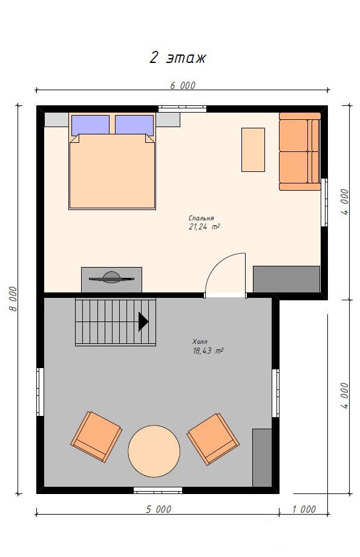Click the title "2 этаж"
tap(177, 57)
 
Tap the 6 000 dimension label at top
tap(183, 85)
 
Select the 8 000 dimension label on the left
tap(13, 298)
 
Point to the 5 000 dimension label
tap(159, 509)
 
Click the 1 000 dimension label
tap(304, 509)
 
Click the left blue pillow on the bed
tap(91, 125)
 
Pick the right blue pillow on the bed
tap(134, 125)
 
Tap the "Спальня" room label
tap(201, 218)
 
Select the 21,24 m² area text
tap(204, 226)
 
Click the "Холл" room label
tap(200, 341)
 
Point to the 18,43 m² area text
tap(208, 351)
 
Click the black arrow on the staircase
tap(143, 321)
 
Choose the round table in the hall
tap(154, 451)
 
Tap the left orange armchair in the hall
tap(96, 437)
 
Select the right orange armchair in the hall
tap(213, 438)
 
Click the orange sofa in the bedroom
tap(299, 152)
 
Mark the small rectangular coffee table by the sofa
tap(253, 150)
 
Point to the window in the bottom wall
tap(158, 490)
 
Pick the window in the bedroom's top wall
tap(183, 109)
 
